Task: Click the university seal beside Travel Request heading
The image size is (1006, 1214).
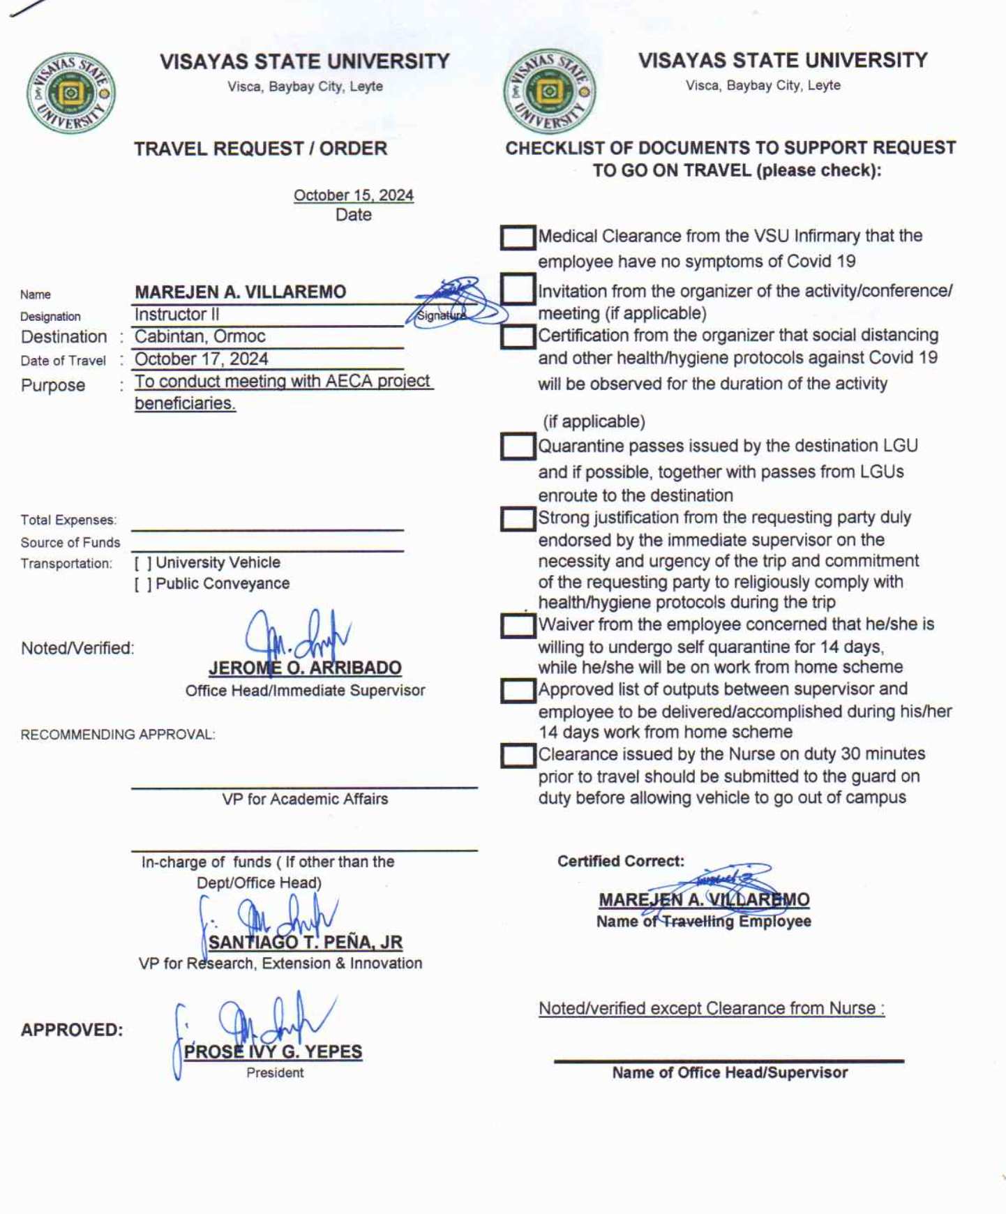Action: tap(70, 93)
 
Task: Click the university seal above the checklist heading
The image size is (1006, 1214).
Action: tap(550, 91)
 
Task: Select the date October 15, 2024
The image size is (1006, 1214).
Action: tap(353, 195)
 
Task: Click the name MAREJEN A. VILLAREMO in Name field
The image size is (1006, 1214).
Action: tap(240, 292)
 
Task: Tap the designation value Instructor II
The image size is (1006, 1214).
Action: tap(177, 315)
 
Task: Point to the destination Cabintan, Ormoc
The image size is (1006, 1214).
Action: tap(200, 336)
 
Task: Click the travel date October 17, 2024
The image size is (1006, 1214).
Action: tap(201, 359)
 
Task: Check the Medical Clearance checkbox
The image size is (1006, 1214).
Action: tap(518, 237)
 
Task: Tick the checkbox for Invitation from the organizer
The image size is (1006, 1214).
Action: tap(518, 290)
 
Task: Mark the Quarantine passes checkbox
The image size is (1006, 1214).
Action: tap(518, 447)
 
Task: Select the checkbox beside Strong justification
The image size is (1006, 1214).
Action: tap(518, 519)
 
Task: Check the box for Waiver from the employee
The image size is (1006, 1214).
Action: tap(518, 626)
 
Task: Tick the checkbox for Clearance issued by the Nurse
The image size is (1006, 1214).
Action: tap(518, 756)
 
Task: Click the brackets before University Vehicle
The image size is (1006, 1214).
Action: tap(143, 563)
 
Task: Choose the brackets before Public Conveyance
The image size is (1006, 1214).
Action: tap(143, 584)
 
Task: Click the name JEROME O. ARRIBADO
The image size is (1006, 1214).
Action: tap(305, 668)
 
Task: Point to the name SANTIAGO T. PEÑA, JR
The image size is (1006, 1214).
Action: tap(305, 943)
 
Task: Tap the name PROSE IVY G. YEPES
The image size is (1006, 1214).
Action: tap(273, 1052)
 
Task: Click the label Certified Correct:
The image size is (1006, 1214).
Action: tap(620, 862)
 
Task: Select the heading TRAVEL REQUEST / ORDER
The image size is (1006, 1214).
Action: tap(260, 149)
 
